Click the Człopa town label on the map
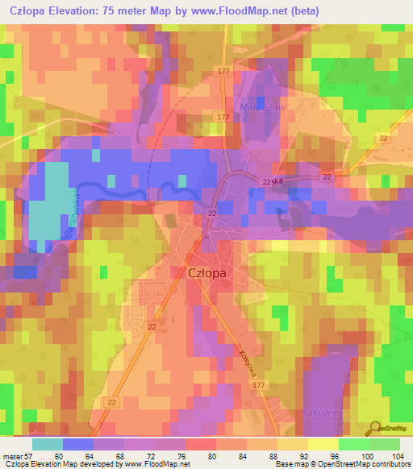[x=206, y=272]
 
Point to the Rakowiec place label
[x=322, y=413]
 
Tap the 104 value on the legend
[x=397, y=455]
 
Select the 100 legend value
[x=367, y=455]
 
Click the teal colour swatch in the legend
[x=48, y=443]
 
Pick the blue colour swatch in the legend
[x=77, y=443]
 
